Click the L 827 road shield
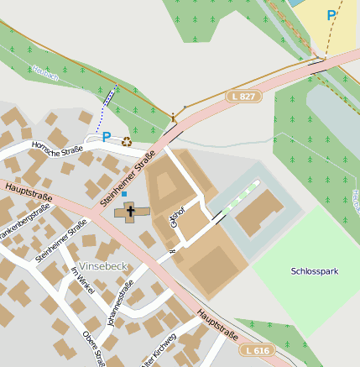[x=242, y=97]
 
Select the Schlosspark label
[x=314, y=271]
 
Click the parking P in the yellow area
[x=331, y=15]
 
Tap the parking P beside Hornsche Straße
[x=107, y=136]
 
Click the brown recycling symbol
[x=127, y=140]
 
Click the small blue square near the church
[x=124, y=194]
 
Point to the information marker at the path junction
[x=175, y=117]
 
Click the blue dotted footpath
[x=106, y=105]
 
